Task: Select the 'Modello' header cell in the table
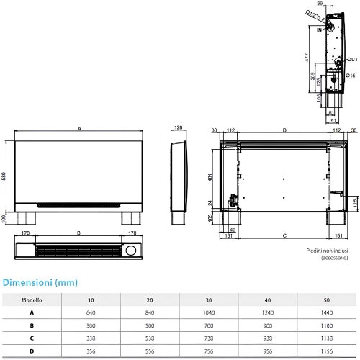pyautogui.click(x=31, y=300)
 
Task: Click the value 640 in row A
pyautogui.click(x=91, y=313)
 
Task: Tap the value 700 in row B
pyautogui.click(x=209, y=325)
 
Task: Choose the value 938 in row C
pyautogui.click(x=268, y=338)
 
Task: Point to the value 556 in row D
pyautogui.click(x=150, y=351)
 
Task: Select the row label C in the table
pyautogui.click(x=31, y=338)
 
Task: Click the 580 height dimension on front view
pyautogui.click(x=5, y=176)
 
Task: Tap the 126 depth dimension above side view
pyautogui.click(x=178, y=128)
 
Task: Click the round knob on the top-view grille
pyautogui.click(x=131, y=251)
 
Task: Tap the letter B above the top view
pyautogui.click(x=78, y=234)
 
